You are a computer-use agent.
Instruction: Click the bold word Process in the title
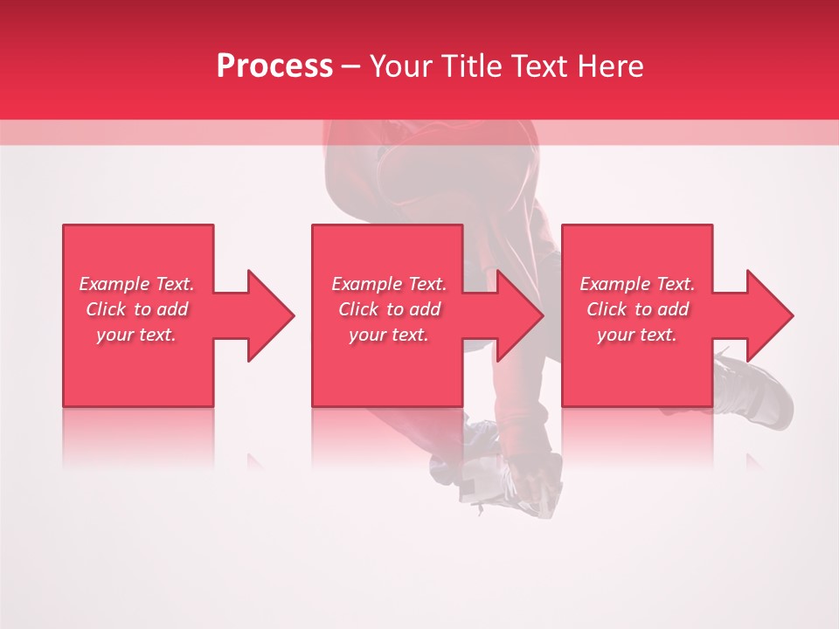click(274, 66)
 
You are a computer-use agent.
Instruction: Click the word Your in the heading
click(401, 66)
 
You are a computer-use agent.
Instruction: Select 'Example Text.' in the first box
click(136, 284)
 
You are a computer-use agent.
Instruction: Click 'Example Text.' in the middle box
click(389, 284)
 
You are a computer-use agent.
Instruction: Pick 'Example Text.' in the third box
click(637, 284)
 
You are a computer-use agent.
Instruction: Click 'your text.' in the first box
click(136, 335)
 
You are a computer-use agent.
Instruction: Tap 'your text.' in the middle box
click(389, 335)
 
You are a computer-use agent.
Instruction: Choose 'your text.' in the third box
click(637, 335)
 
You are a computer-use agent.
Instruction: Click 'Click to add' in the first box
click(136, 309)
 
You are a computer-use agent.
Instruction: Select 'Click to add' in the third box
click(637, 309)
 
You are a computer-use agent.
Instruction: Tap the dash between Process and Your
click(350, 66)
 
